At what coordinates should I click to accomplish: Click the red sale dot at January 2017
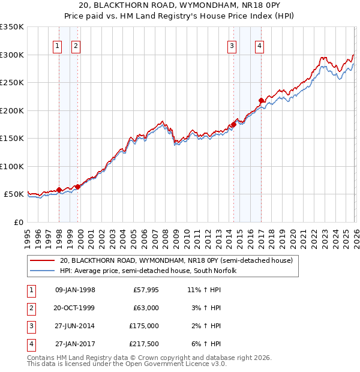[x=261, y=101]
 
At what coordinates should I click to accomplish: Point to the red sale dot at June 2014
[x=233, y=125]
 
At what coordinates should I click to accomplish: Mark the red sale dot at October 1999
[x=77, y=187]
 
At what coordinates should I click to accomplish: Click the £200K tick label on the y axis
[x=11, y=110]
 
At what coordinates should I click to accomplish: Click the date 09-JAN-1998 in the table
[x=75, y=290]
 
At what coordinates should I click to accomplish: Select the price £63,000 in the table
[x=145, y=308]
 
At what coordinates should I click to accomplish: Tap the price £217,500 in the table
[x=144, y=344]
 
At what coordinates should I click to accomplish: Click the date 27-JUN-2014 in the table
[x=75, y=326]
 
